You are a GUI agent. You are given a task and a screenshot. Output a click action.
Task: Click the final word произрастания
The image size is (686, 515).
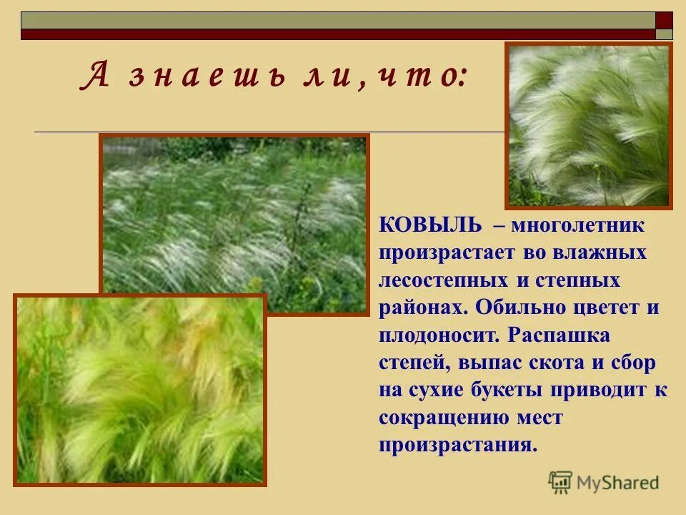[457, 445]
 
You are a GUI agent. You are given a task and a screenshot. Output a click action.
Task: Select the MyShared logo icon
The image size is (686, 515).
[560, 483]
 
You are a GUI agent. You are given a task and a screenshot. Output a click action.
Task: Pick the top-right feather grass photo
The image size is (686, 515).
[589, 126]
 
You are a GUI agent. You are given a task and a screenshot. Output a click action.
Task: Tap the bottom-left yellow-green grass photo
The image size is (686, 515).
[140, 390]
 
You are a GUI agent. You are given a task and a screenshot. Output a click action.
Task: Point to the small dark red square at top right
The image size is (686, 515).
[665, 20]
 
